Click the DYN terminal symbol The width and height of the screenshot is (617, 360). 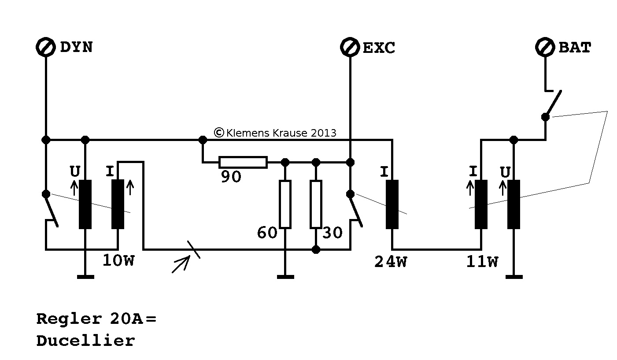[x=45, y=48]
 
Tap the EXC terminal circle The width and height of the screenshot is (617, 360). [x=350, y=48]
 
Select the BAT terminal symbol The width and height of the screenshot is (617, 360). [x=545, y=47]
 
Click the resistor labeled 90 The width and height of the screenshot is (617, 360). [x=243, y=162]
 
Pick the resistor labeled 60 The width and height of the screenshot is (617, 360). [x=285, y=204]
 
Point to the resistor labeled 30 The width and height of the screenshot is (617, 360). [x=316, y=204]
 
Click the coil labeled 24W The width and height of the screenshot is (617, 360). [x=392, y=204]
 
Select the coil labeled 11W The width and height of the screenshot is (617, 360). [x=481, y=204]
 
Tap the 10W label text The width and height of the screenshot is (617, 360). [x=118, y=261]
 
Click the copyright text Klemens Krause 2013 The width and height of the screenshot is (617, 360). [x=275, y=133]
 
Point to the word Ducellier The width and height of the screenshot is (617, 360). [x=85, y=341]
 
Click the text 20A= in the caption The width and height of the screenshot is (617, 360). [x=132, y=319]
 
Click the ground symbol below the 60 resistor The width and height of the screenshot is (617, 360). [x=285, y=277]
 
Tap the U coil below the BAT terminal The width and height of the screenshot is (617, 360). [x=514, y=204]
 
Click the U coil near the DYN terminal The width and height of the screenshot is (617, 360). [x=85, y=204]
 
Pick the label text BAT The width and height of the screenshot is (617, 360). [x=575, y=48]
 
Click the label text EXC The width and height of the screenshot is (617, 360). [x=379, y=48]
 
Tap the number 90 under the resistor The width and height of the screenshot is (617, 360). [x=230, y=177]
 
